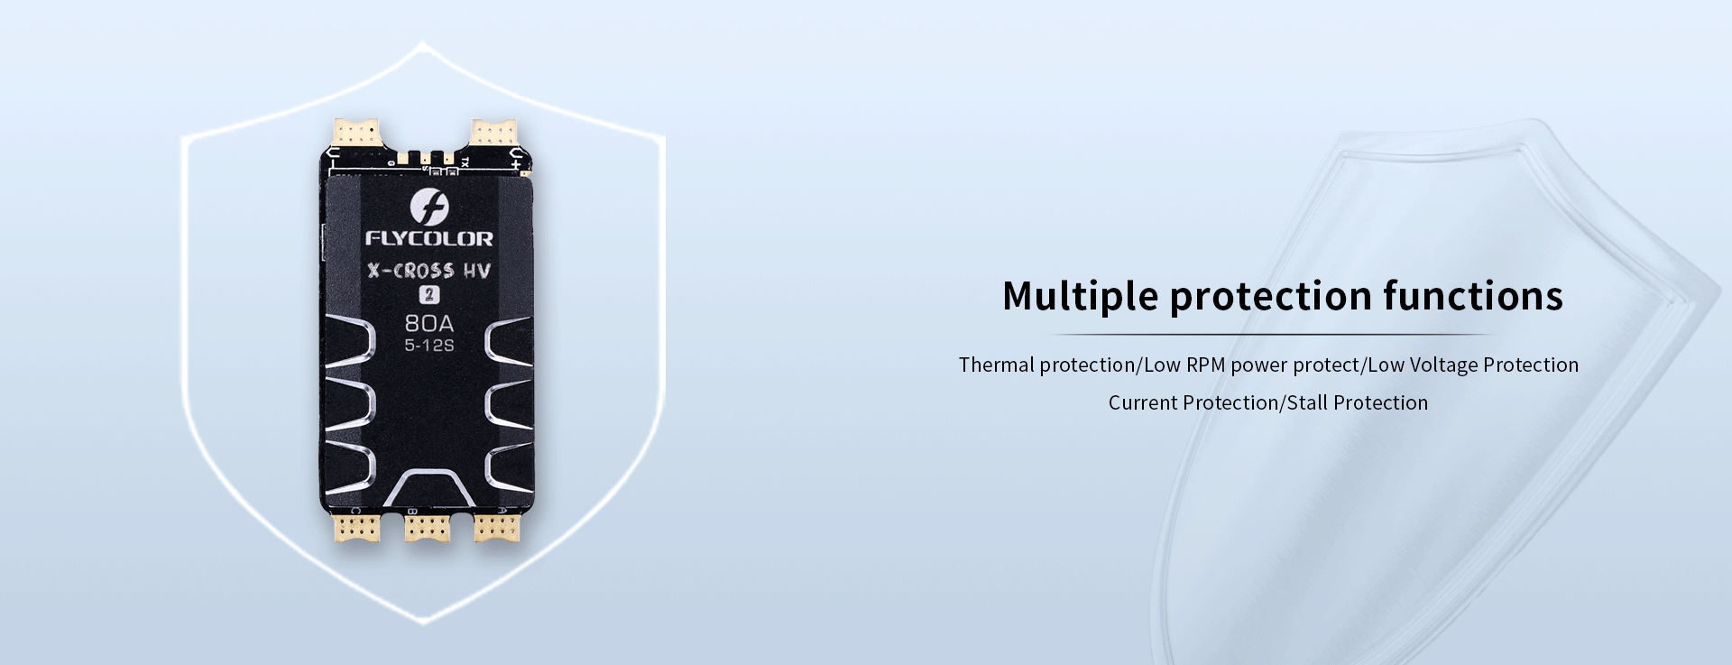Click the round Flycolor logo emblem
[429, 208]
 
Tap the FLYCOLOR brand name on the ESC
[429, 239]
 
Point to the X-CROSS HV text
[429, 271]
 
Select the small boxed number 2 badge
[429, 294]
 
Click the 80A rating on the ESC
[429, 323]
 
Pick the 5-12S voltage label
[429, 346]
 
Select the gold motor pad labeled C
[359, 528]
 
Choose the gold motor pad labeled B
[428, 528]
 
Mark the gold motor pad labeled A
[497, 528]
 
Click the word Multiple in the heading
[1080, 297]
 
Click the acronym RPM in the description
[1205, 365]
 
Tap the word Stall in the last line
[1307, 402]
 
